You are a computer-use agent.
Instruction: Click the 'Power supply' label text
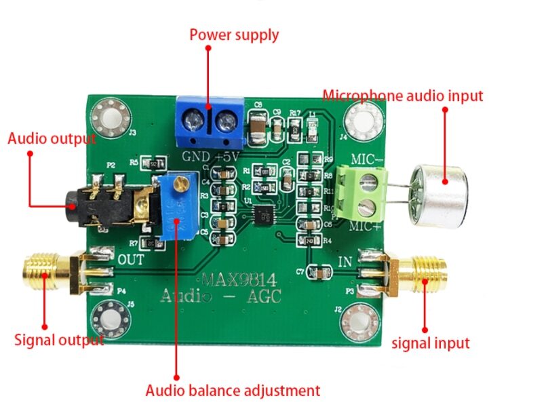pyautogui.click(x=233, y=35)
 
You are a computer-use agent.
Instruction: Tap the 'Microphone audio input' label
pyautogui.click(x=402, y=96)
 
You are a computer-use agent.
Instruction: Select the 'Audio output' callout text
pyautogui.click(x=52, y=138)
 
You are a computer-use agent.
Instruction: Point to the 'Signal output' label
pyautogui.click(x=59, y=340)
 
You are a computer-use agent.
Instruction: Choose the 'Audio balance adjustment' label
pyautogui.click(x=233, y=391)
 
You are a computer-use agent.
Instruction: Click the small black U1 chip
pyautogui.click(x=262, y=215)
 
